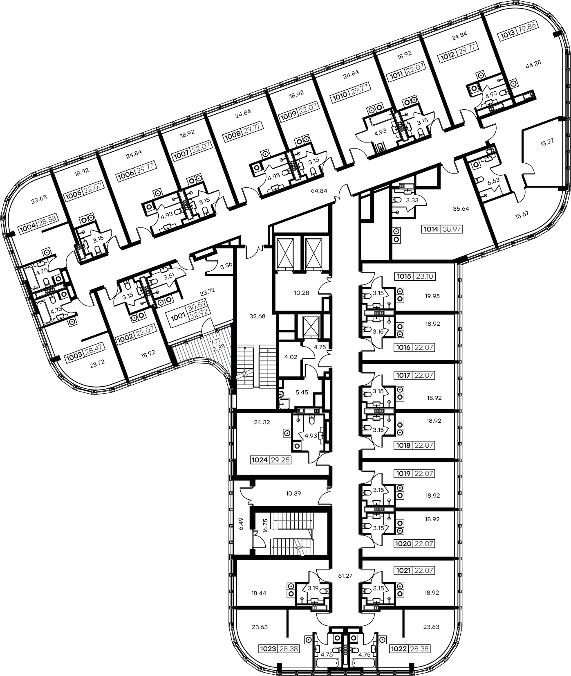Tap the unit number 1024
pyautogui.click(x=260, y=460)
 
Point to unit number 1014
pyautogui.click(x=431, y=229)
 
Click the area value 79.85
pyautogui.click(x=527, y=36)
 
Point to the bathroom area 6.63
pyautogui.click(x=493, y=180)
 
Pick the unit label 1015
pyautogui.click(x=403, y=276)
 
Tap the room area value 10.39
pyautogui.click(x=293, y=493)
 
